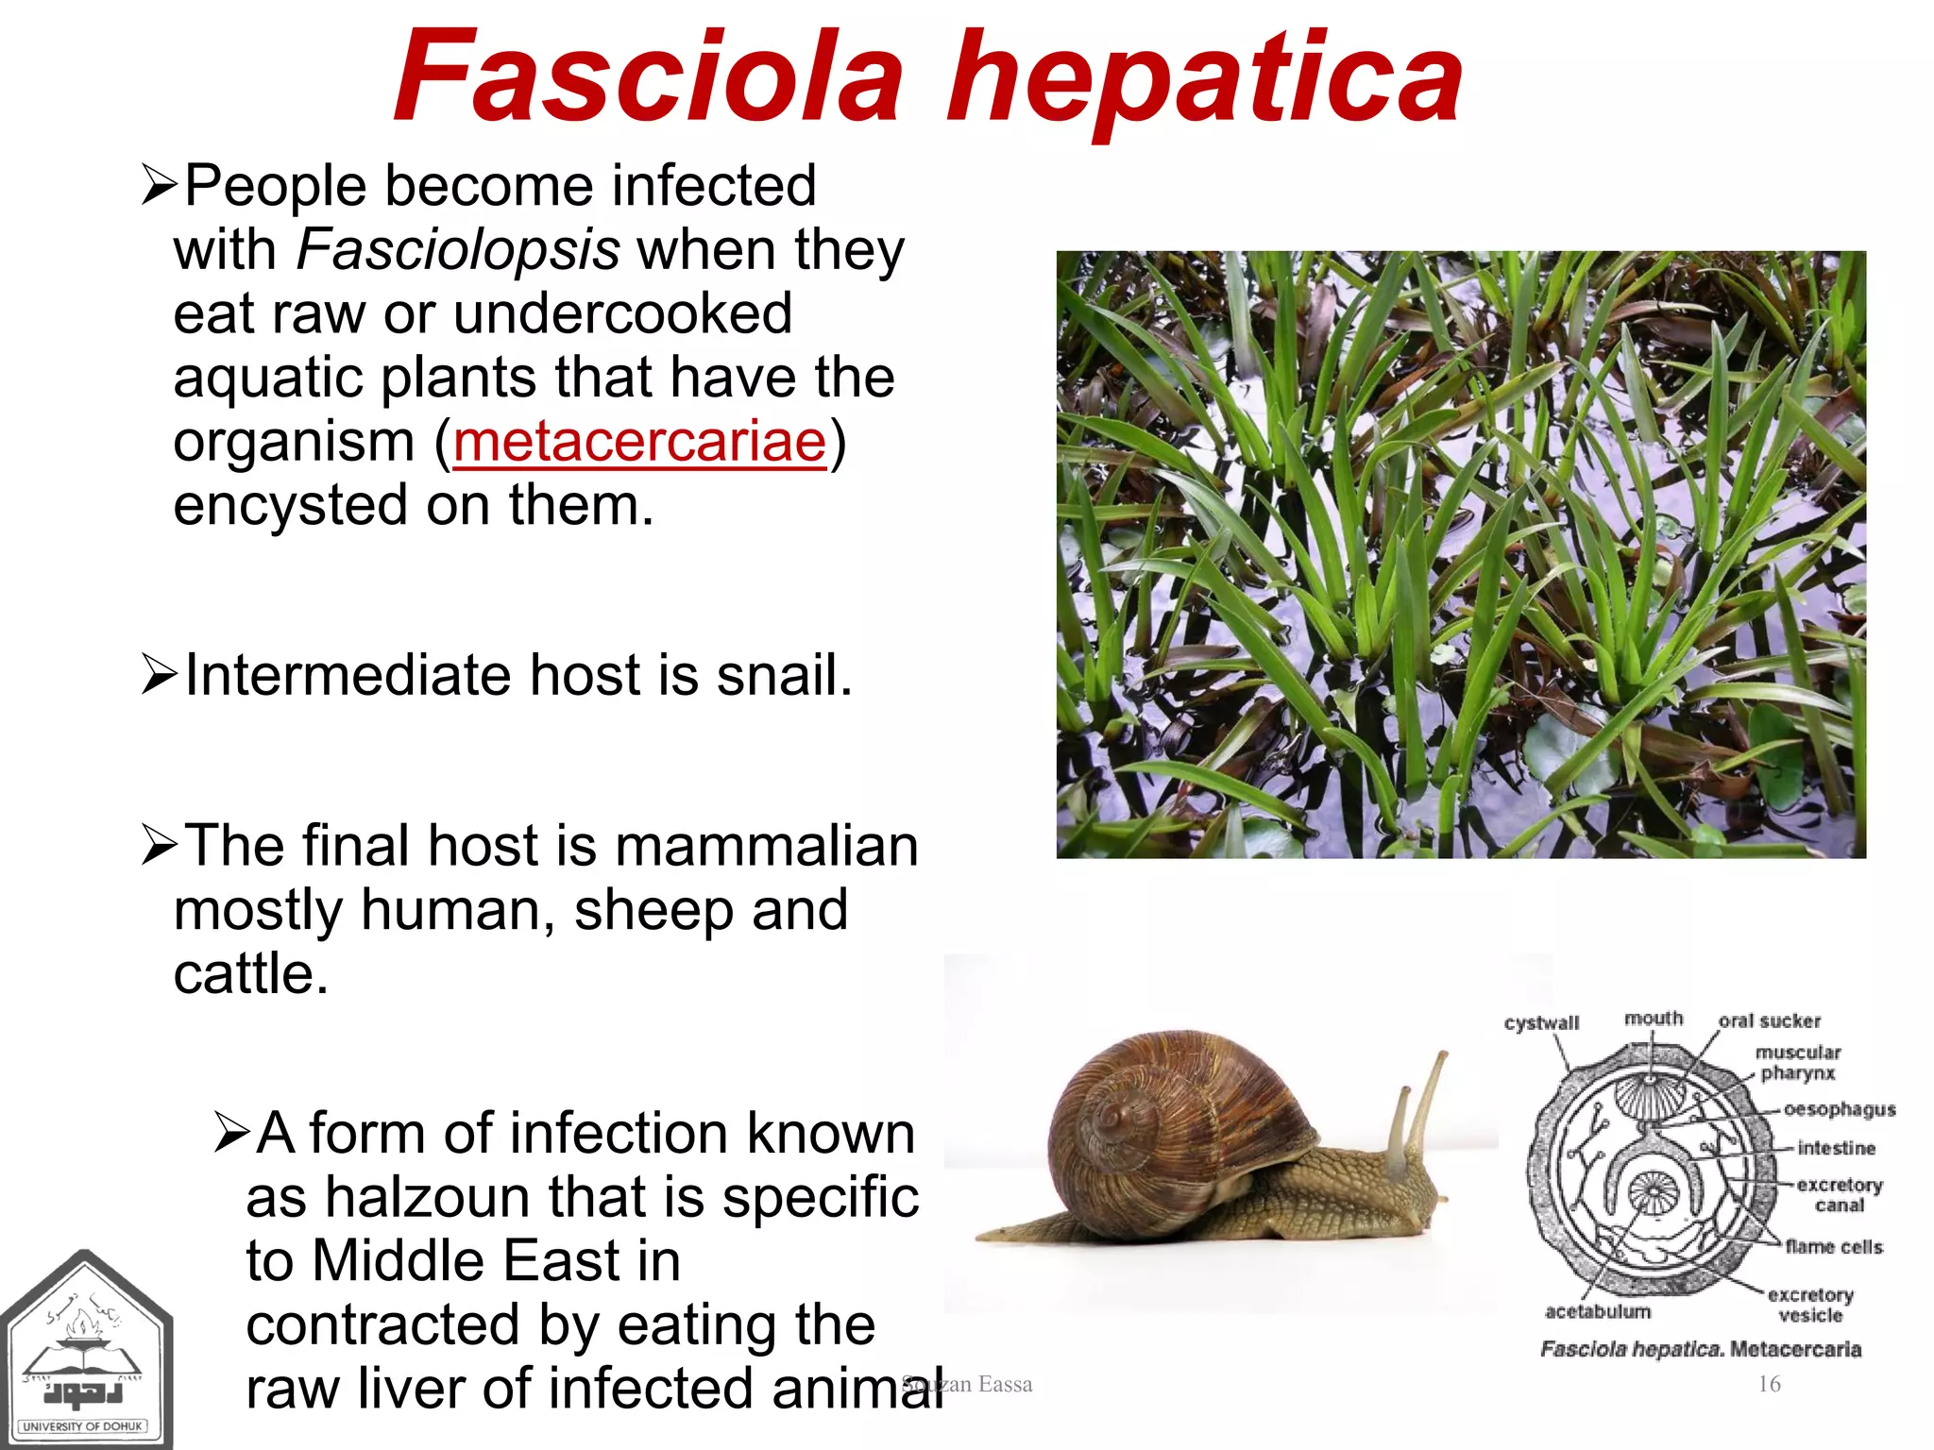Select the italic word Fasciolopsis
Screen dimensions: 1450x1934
point(458,250)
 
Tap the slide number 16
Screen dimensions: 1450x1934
point(1769,1384)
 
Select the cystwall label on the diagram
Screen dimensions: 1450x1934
point(1541,1023)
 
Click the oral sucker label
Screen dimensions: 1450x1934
point(1769,1020)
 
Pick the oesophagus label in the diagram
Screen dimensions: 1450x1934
point(1839,1109)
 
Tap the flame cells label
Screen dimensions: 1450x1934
point(1833,1247)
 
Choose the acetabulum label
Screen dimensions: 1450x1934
point(1598,1311)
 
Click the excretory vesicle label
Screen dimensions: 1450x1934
point(1809,1305)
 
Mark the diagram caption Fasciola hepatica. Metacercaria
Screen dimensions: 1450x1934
point(1700,1349)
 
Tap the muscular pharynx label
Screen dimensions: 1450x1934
point(1797,1062)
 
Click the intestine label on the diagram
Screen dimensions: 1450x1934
point(1836,1148)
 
